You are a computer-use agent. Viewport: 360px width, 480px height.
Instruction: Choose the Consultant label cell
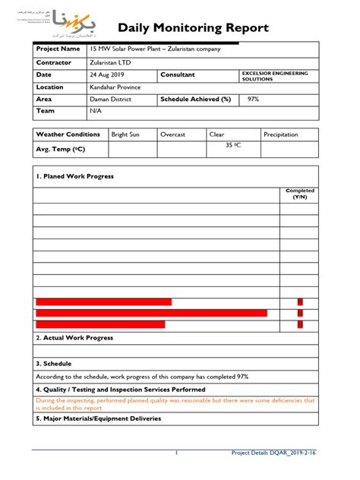pyautogui.click(x=177, y=74)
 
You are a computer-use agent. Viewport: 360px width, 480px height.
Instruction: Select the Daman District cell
pyautogui.click(x=110, y=99)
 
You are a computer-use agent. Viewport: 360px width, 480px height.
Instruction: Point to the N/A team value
pyautogui.click(x=96, y=111)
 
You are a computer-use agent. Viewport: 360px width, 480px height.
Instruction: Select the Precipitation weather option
pyautogui.click(x=281, y=134)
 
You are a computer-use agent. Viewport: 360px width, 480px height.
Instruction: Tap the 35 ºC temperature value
pyautogui.click(x=233, y=144)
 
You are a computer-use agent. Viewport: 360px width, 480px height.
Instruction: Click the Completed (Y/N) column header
pyautogui.click(x=300, y=194)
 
